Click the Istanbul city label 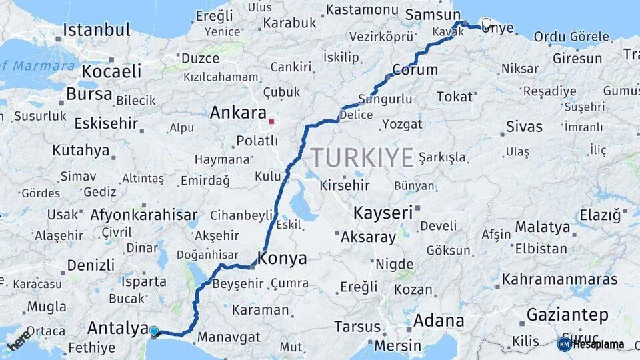(x=97, y=30)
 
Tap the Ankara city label (x=238, y=113)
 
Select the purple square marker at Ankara (x=271, y=121)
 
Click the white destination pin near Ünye (x=486, y=24)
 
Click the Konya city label (x=283, y=259)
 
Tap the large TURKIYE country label (x=363, y=158)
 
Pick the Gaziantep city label (x=567, y=315)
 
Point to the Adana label (x=439, y=320)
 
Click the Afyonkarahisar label (x=144, y=215)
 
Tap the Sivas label (x=524, y=126)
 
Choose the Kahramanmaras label (x=560, y=279)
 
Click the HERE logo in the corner (x=19, y=339)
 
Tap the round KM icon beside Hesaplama (x=564, y=344)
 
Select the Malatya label (x=543, y=227)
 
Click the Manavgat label (x=229, y=337)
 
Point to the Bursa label (x=89, y=95)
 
